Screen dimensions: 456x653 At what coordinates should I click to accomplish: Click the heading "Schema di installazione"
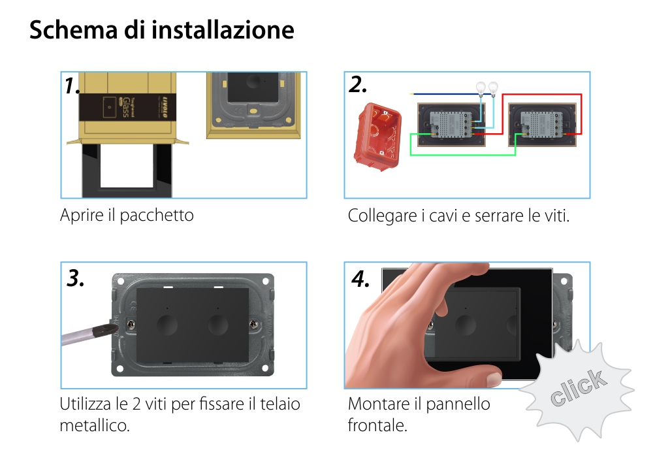coord(161,30)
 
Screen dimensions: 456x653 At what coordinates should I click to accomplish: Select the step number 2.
coord(358,84)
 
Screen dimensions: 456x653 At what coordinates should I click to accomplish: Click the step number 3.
coord(76,278)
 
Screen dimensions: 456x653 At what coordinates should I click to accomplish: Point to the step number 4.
coord(360,279)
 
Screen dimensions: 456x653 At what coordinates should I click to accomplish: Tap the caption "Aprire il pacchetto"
coord(127,215)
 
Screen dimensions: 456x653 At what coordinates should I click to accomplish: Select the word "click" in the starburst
coord(576,388)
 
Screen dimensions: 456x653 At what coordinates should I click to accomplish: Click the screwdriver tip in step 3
coord(107,327)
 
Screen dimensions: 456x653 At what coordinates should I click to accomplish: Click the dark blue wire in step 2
coord(444,94)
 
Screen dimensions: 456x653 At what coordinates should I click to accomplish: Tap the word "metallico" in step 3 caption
coord(94,426)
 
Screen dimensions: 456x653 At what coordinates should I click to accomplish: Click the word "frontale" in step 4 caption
coord(377,426)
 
